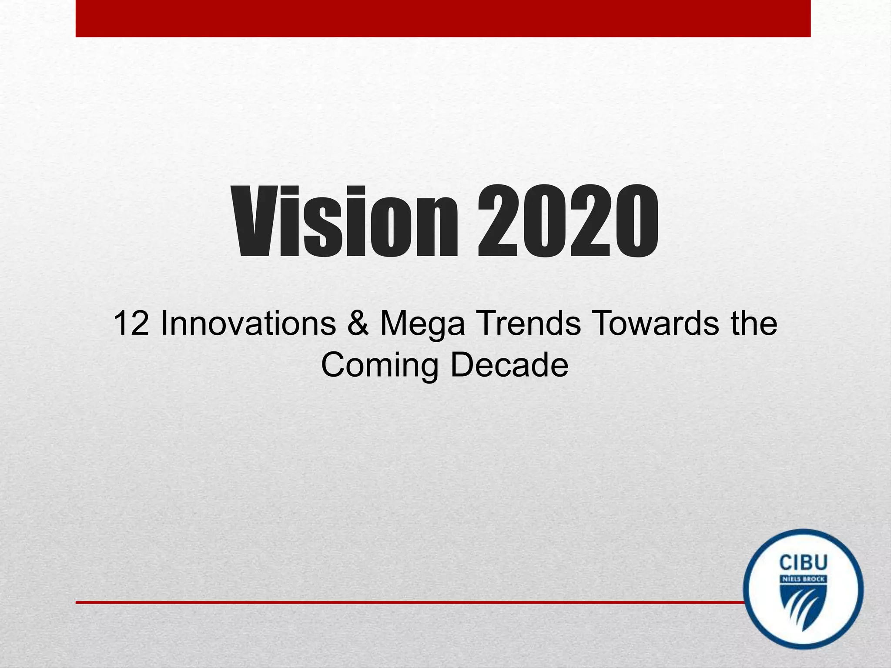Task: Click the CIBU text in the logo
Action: (803, 563)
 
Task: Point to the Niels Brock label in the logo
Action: (803, 580)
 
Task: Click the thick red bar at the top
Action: (443, 18)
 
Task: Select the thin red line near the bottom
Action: (409, 602)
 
